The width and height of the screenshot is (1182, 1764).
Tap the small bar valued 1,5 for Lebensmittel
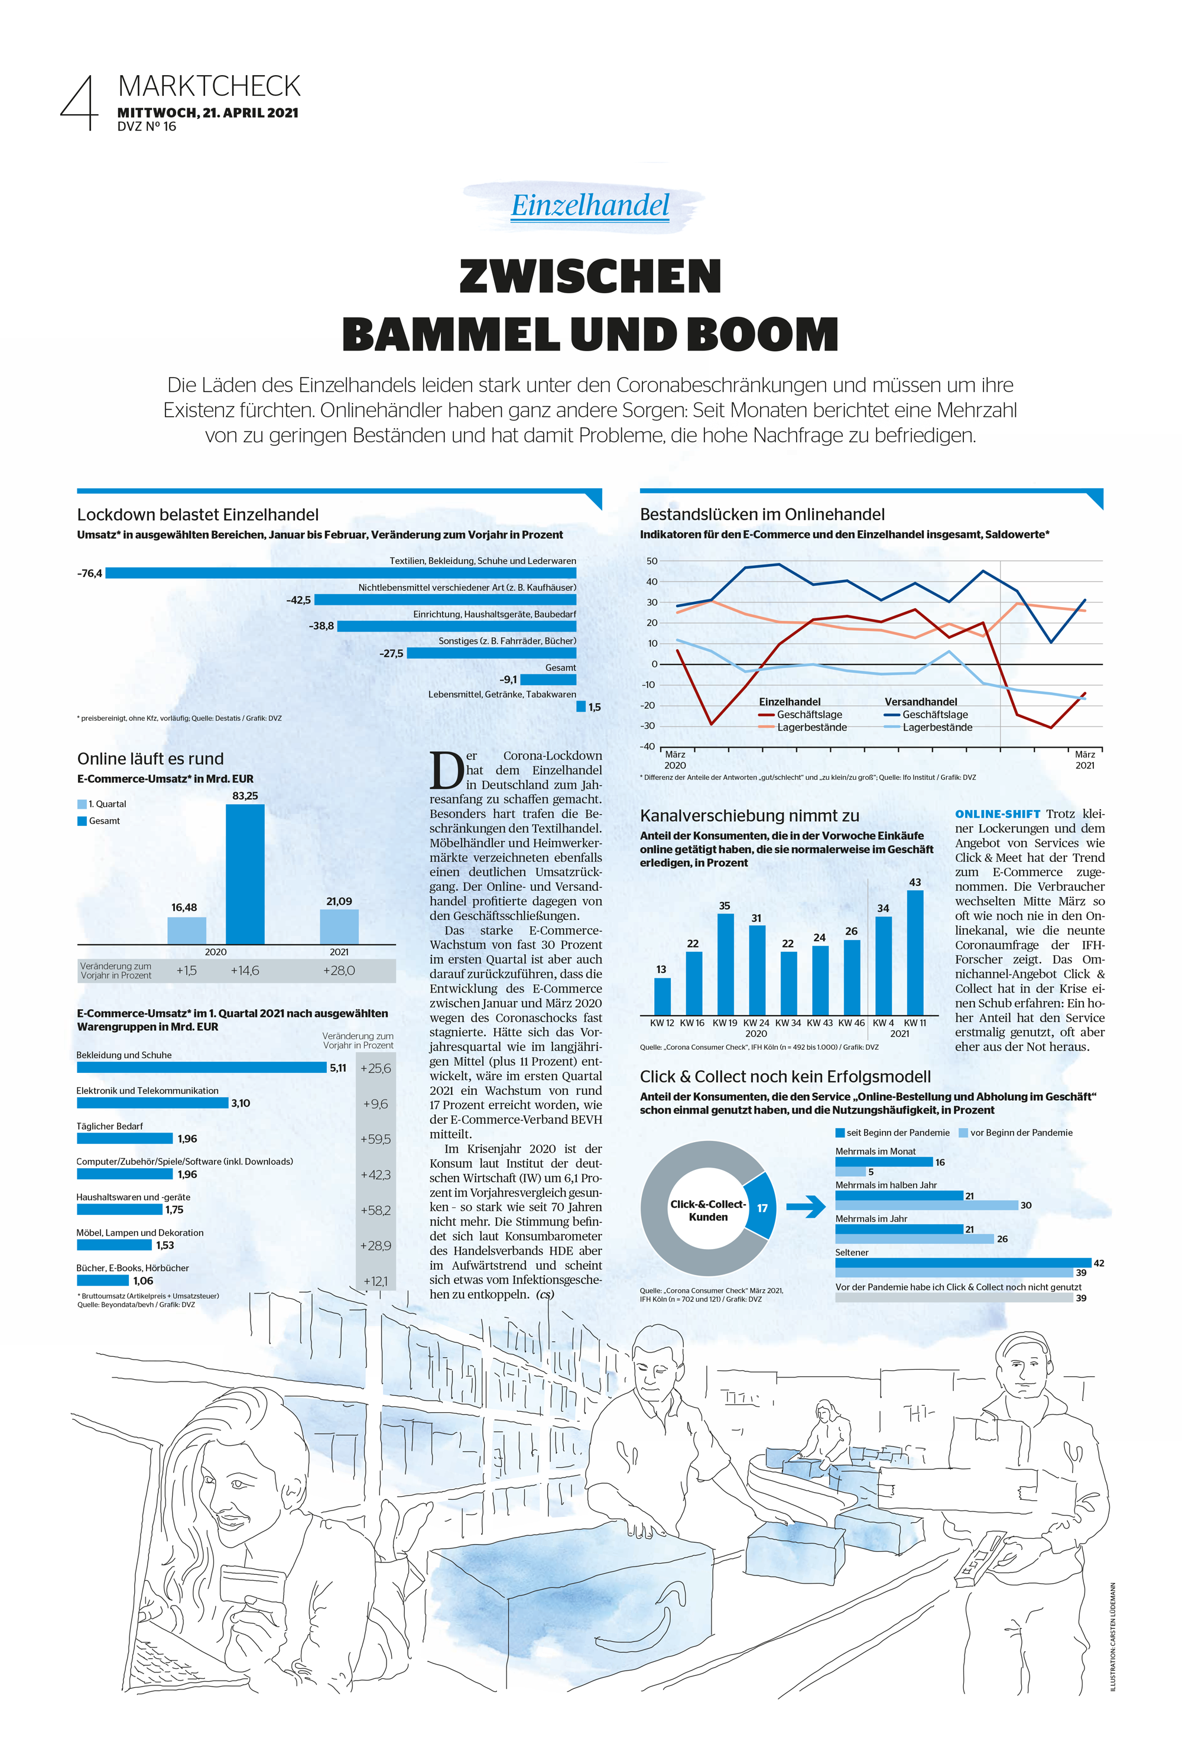580,706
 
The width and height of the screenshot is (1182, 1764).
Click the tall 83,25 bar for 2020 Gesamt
245,874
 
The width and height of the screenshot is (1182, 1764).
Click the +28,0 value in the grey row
339,971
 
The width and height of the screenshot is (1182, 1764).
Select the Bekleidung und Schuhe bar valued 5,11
202,1068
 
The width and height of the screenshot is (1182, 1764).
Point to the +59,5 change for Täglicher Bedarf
375,1139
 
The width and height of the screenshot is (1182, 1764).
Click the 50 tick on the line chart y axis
651,561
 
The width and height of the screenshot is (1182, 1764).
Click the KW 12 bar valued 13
662,996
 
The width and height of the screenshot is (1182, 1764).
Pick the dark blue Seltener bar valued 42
963,1263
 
